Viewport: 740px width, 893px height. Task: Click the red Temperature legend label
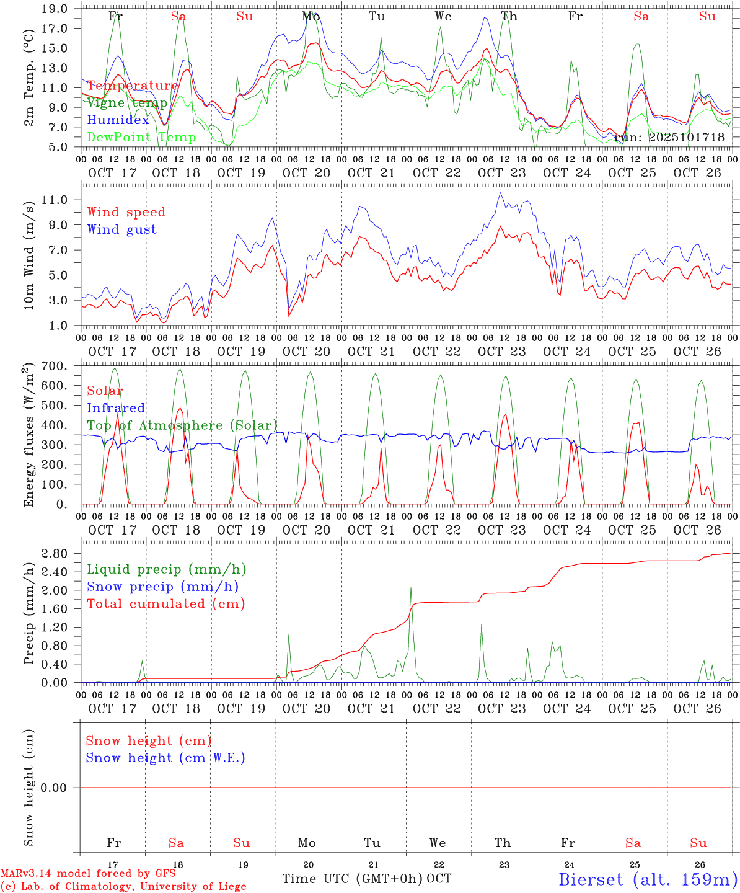[133, 86]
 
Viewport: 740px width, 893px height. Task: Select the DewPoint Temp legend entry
[141, 137]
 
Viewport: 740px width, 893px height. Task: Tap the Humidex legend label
[118, 120]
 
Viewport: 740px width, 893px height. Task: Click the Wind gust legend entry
[121, 229]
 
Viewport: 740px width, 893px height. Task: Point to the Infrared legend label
[116, 408]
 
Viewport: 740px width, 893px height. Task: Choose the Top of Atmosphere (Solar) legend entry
[182, 425]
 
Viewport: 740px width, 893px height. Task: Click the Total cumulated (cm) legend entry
[165, 603]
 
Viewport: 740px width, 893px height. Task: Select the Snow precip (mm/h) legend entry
[162, 587]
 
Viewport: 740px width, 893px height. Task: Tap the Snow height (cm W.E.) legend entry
[165, 758]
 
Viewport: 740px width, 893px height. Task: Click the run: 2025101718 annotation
[669, 137]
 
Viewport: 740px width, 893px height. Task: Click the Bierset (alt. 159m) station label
[648, 879]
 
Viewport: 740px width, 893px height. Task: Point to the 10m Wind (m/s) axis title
[29, 257]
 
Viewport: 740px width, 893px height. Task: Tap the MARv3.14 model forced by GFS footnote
[88, 873]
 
